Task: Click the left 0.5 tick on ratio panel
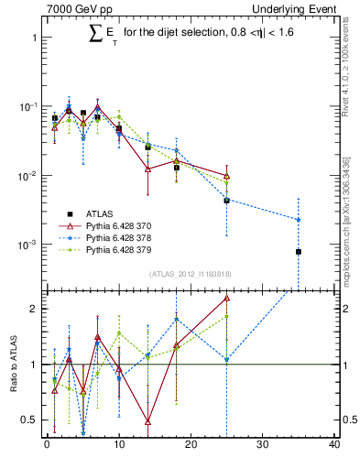coord(32,420)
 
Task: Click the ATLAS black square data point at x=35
coord(299,251)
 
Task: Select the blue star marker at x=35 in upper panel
coord(299,219)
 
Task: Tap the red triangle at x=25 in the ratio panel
coord(226,298)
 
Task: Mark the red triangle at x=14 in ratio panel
coord(147,421)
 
